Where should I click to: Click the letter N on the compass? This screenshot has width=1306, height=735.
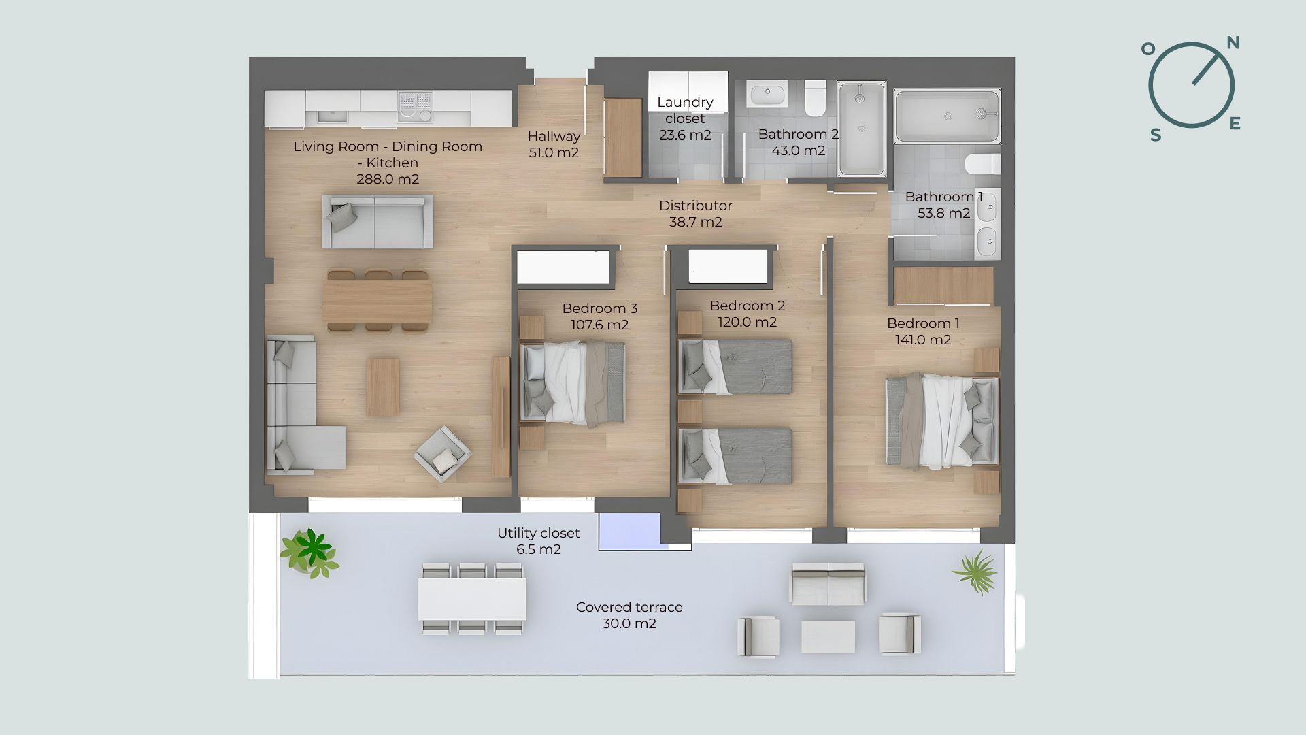[1233, 43]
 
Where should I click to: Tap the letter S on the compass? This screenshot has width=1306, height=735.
[1156, 135]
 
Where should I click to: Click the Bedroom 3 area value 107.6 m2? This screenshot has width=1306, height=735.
[599, 325]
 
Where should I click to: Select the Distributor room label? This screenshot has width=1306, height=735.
[695, 206]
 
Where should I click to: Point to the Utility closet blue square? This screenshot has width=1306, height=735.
[629, 531]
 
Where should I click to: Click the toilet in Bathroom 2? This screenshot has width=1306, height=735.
[815, 98]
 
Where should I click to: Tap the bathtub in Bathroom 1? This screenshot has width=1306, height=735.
[947, 116]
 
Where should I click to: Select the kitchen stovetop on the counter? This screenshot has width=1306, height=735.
[415, 108]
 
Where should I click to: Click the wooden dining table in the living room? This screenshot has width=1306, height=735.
[378, 301]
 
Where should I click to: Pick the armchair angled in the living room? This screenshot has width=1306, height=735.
[443, 455]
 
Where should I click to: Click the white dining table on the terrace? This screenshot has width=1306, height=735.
[472, 599]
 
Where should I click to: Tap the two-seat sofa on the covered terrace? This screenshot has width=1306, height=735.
[828, 584]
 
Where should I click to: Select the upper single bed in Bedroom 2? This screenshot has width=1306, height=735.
[735, 367]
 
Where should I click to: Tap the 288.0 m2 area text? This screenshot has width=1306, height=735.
[388, 179]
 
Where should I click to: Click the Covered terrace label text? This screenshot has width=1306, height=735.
[629, 607]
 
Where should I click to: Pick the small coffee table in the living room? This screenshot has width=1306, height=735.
[383, 387]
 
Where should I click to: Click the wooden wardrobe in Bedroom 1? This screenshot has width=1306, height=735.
[944, 286]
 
